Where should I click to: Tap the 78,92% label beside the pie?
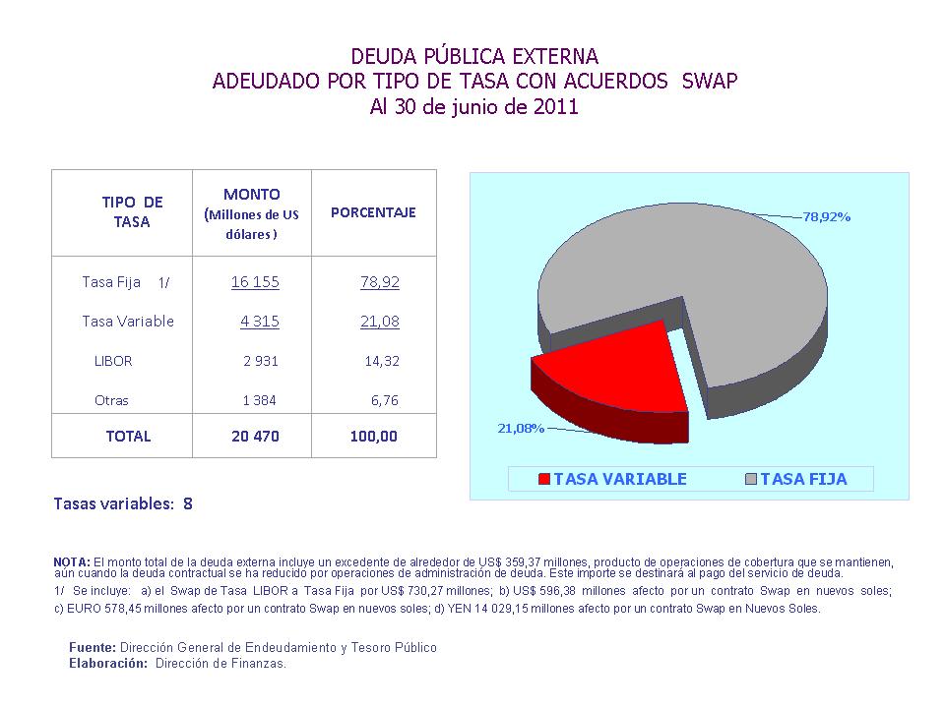click(x=826, y=216)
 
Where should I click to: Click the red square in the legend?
click(x=544, y=480)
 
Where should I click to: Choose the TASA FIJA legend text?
click(x=803, y=480)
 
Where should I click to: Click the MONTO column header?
click(x=251, y=195)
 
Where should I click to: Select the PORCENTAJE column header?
click(x=373, y=212)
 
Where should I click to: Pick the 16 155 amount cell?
click(x=255, y=282)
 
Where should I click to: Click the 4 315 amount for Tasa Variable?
click(x=260, y=322)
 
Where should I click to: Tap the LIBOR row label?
click(x=113, y=361)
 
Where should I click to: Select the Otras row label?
click(x=111, y=401)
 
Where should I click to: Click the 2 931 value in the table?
click(x=261, y=361)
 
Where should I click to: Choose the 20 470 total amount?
click(x=255, y=437)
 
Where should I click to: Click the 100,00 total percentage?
click(x=374, y=437)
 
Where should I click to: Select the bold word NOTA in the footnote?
click(x=71, y=561)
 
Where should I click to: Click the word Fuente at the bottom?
click(x=92, y=648)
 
